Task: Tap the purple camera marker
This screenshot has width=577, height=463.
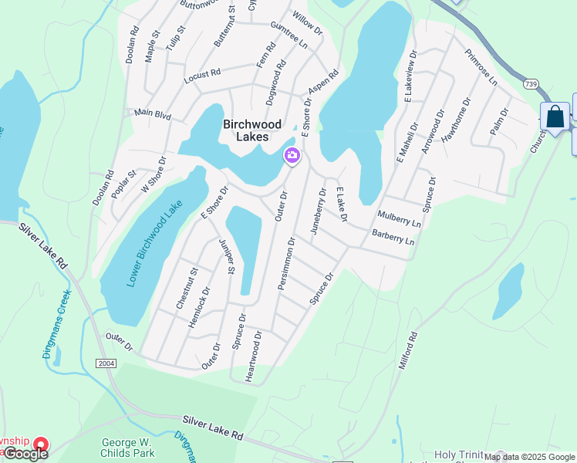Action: coord(292,156)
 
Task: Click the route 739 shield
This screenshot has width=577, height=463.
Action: coord(530,83)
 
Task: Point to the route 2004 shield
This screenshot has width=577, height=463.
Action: coord(106,363)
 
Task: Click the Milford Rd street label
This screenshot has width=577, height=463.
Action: coord(408,350)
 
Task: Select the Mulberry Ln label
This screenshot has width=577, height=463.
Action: coord(400,218)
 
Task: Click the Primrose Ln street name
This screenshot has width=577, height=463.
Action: coord(481,67)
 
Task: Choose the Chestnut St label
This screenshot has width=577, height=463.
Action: coord(187,289)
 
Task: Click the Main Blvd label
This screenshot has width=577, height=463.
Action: coord(152,114)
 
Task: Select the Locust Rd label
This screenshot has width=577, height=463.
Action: coord(202,76)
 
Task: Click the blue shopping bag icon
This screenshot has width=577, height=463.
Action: coord(555,117)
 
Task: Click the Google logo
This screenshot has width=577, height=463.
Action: coord(25,453)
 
